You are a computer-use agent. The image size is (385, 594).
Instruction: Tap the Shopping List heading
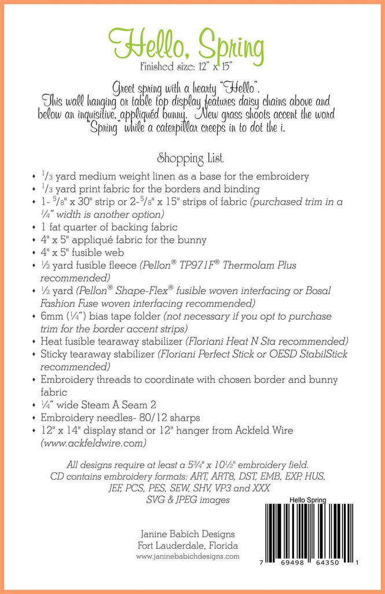click(x=190, y=157)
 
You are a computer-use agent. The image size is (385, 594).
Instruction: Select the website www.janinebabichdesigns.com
click(x=188, y=556)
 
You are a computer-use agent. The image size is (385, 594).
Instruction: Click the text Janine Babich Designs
click(x=188, y=534)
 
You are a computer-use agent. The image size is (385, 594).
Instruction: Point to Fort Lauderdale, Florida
click(x=188, y=545)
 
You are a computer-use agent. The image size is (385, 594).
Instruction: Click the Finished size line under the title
click(x=187, y=65)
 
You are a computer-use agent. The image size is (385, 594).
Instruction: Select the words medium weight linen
click(x=122, y=176)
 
